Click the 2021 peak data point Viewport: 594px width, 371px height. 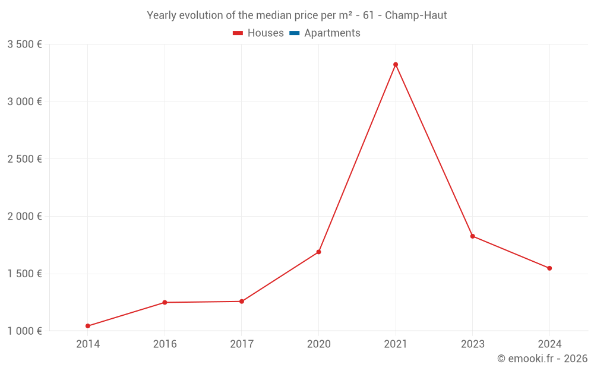click(396, 65)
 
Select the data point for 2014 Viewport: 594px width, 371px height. click(88, 326)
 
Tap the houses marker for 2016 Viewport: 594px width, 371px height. click(165, 303)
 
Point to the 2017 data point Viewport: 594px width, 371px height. click(242, 302)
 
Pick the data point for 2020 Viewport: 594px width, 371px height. click(318, 252)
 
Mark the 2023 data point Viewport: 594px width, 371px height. click(473, 236)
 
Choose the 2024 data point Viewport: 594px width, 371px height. click(549, 268)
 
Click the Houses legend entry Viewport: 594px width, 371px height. click(258, 33)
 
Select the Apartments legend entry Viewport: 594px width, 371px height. click(325, 33)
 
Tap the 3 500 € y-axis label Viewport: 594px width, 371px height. click(24, 44)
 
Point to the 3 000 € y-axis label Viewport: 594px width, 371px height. click(24, 102)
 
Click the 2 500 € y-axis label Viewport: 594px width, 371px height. click(24, 159)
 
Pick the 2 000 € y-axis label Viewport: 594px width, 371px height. click(24, 217)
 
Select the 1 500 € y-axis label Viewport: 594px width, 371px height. click(24, 274)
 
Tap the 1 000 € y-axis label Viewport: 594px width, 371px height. click(24, 331)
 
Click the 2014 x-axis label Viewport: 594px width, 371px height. click(88, 344)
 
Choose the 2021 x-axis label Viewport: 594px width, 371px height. click(396, 344)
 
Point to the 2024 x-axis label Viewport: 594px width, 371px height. click(549, 344)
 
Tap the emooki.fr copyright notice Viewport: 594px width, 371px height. click(542, 359)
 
